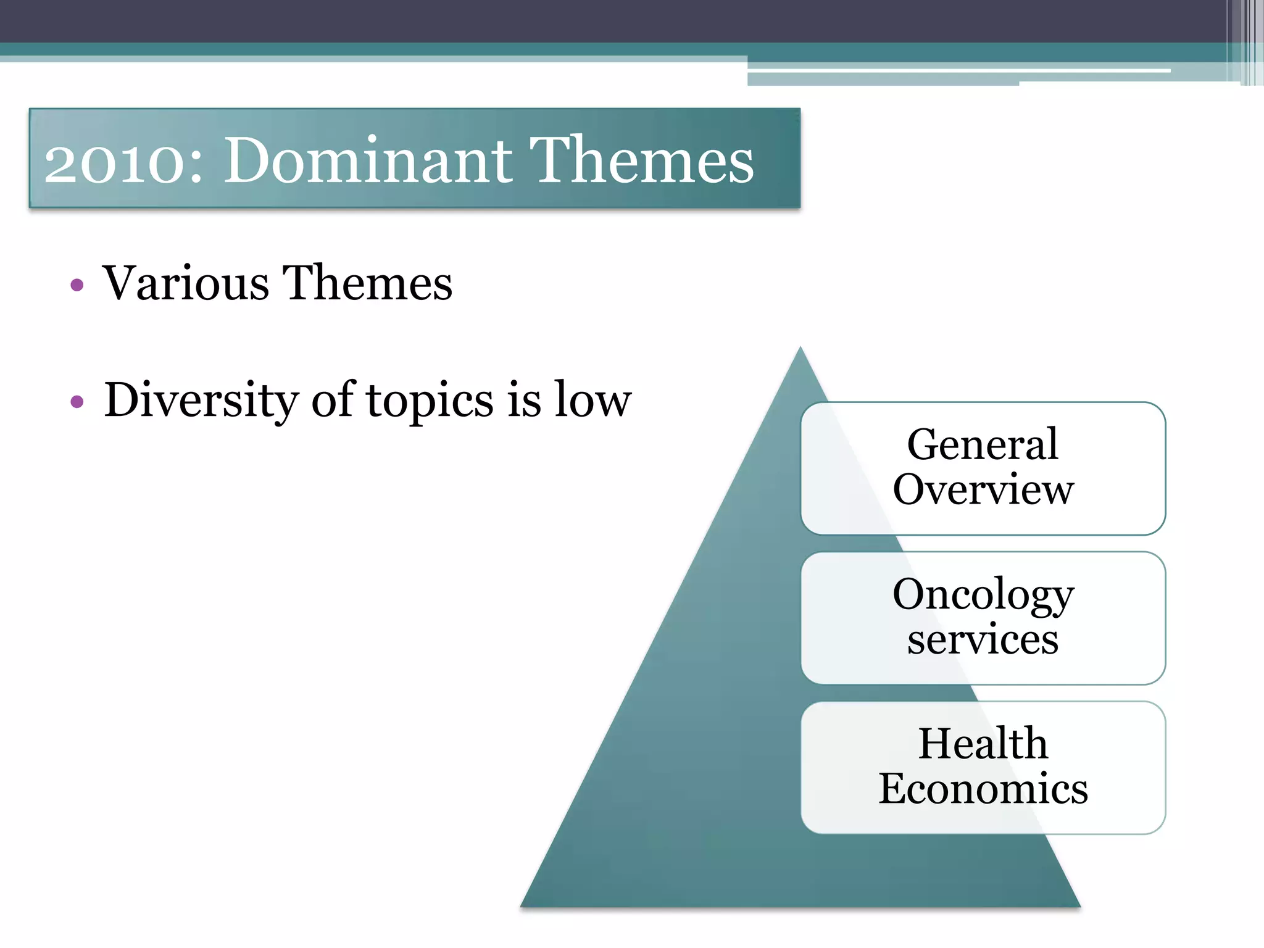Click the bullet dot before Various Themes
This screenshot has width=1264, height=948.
[77, 285]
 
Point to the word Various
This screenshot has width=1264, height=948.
[186, 283]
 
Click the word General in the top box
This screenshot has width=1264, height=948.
[983, 444]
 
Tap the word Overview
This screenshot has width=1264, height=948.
[983, 489]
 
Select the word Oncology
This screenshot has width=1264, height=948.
[983, 595]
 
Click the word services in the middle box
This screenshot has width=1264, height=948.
[983, 639]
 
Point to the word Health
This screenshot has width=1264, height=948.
[983, 743]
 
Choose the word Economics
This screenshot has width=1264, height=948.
[983, 789]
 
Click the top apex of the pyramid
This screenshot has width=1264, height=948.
[800, 349]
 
